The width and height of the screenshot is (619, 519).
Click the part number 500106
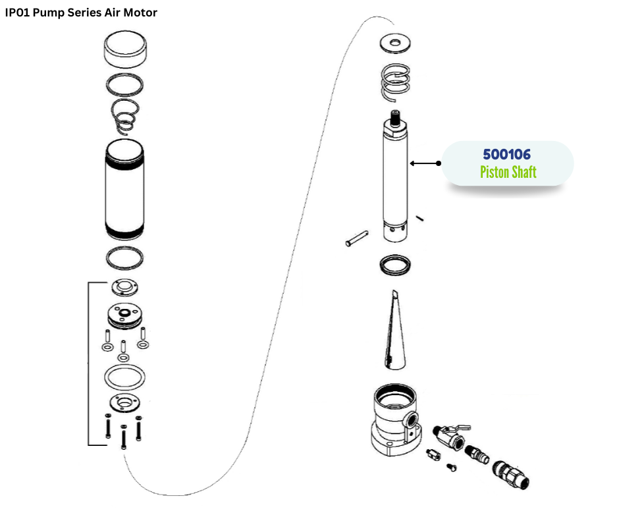[x=506, y=154]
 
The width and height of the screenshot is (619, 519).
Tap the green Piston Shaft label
[x=508, y=173]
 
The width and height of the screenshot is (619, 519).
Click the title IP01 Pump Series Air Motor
[x=81, y=13]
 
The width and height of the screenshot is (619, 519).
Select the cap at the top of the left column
[x=125, y=52]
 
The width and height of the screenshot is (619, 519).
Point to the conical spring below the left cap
[x=125, y=115]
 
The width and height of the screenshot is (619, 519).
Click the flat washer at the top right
[x=395, y=44]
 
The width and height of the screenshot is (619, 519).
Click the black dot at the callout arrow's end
[x=438, y=163]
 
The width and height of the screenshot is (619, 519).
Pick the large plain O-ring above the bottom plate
[x=125, y=378]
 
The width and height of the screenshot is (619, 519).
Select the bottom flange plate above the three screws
[x=125, y=403]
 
